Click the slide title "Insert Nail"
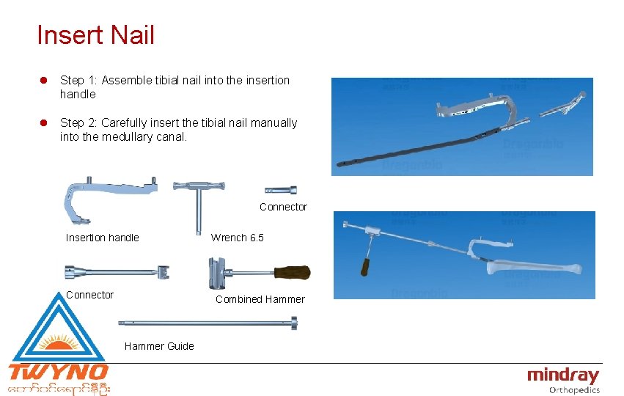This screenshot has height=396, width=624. [x=95, y=34]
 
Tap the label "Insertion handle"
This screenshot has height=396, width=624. [x=102, y=238]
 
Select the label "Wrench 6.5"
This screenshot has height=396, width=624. [x=237, y=238]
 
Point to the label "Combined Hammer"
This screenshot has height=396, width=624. [x=260, y=299]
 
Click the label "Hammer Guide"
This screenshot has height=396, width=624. [x=159, y=346]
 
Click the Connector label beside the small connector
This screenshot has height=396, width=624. [x=283, y=208]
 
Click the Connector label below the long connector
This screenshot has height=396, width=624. [x=89, y=295]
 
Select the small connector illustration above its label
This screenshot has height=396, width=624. [x=281, y=188]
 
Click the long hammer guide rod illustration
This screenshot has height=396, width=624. [x=209, y=323]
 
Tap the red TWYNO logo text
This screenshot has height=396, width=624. [x=59, y=372]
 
